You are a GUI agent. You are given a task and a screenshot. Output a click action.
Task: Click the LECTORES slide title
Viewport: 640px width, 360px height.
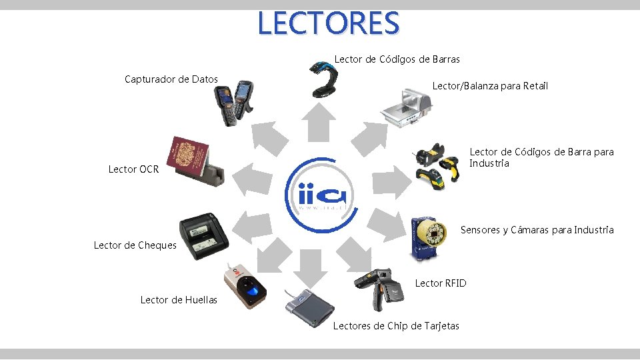pyautogui.click(x=328, y=23)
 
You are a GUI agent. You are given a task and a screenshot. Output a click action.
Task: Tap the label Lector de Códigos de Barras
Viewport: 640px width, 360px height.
pyautogui.click(x=397, y=59)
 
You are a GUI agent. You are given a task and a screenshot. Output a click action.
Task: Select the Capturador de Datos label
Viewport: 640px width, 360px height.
pyautogui.click(x=171, y=79)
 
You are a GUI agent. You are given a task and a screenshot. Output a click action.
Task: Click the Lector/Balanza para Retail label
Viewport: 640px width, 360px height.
pyautogui.click(x=490, y=86)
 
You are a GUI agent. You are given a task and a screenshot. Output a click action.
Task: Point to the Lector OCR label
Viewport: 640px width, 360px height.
pyautogui.click(x=133, y=169)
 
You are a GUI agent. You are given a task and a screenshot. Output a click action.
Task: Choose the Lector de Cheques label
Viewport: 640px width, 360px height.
pyautogui.click(x=135, y=245)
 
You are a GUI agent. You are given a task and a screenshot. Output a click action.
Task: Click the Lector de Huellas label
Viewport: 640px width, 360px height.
pyautogui.click(x=179, y=300)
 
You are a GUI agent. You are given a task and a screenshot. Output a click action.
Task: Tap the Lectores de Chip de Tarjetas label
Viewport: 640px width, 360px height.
pyautogui.click(x=396, y=326)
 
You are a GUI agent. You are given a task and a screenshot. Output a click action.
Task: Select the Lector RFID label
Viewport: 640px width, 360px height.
pyautogui.click(x=441, y=283)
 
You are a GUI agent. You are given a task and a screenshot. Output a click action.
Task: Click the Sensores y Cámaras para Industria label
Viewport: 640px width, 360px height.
pyautogui.click(x=537, y=231)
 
